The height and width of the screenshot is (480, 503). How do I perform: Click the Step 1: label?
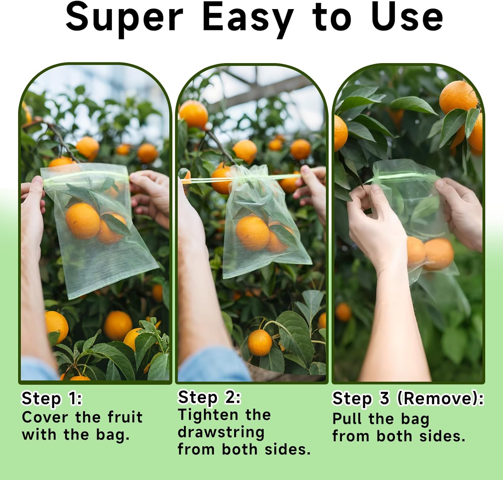click(52, 398)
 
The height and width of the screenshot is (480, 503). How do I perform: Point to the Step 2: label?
click(209, 397)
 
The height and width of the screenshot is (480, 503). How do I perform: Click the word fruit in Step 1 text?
click(125, 417)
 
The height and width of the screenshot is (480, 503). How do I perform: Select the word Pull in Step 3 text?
click(346, 419)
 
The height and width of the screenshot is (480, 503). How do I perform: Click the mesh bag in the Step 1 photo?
click(101, 235)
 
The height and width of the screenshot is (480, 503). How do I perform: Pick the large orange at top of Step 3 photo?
click(458, 97)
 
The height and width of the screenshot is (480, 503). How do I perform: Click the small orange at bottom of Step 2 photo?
click(260, 342)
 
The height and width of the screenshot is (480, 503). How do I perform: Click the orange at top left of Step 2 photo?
click(193, 114)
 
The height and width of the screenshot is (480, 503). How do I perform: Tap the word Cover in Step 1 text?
click(45, 417)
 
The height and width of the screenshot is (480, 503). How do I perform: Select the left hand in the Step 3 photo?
click(376, 228)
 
